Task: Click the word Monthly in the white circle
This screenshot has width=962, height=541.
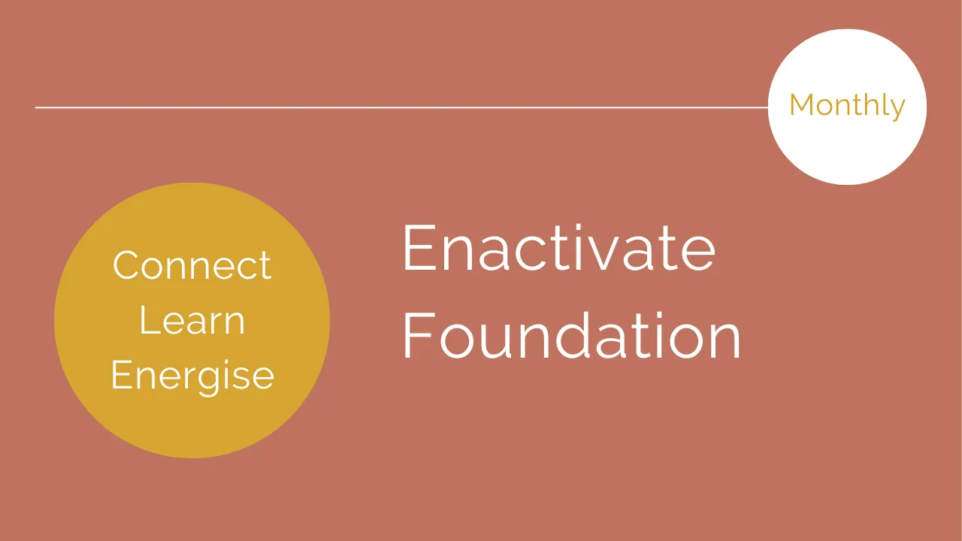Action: pos(847,107)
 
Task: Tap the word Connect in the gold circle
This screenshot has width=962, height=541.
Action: pos(192,266)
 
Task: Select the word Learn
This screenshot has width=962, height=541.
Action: pos(192,320)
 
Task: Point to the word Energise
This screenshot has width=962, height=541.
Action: pos(192,376)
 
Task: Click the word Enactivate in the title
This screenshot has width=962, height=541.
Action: pos(559,248)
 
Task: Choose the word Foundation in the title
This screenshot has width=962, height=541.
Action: pos(572,336)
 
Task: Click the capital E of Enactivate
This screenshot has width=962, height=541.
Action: pos(419,248)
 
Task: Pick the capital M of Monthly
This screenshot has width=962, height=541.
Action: pos(802,104)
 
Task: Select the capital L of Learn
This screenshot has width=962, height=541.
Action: pos(149,320)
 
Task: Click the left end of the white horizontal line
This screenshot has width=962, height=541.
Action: pos(35,107)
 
